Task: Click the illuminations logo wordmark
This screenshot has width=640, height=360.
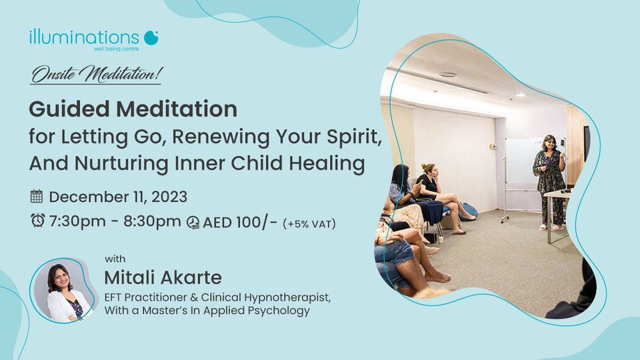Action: click(x=84, y=37)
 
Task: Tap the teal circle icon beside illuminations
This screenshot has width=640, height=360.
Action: click(x=151, y=37)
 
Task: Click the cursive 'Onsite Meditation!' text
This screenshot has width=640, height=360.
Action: click(x=97, y=74)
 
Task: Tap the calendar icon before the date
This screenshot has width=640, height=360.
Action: click(x=37, y=196)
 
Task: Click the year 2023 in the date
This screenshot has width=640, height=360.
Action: click(x=169, y=197)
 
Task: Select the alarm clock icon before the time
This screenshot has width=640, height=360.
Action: click(x=38, y=220)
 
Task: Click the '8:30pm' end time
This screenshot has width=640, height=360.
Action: click(x=152, y=221)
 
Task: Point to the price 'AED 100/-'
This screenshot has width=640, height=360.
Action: click(x=240, y=223)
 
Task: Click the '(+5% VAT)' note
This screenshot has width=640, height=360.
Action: click(x=309, y=224)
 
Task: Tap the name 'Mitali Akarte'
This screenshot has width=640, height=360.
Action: click(x=163, y=277)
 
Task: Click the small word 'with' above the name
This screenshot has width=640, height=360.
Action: click(x=115, y=259)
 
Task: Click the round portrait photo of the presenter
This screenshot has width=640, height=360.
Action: click(x=63, y=291)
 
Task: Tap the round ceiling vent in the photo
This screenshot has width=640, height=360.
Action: click(x=448, y=75)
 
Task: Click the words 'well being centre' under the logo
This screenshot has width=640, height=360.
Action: click(x=116, y=49)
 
